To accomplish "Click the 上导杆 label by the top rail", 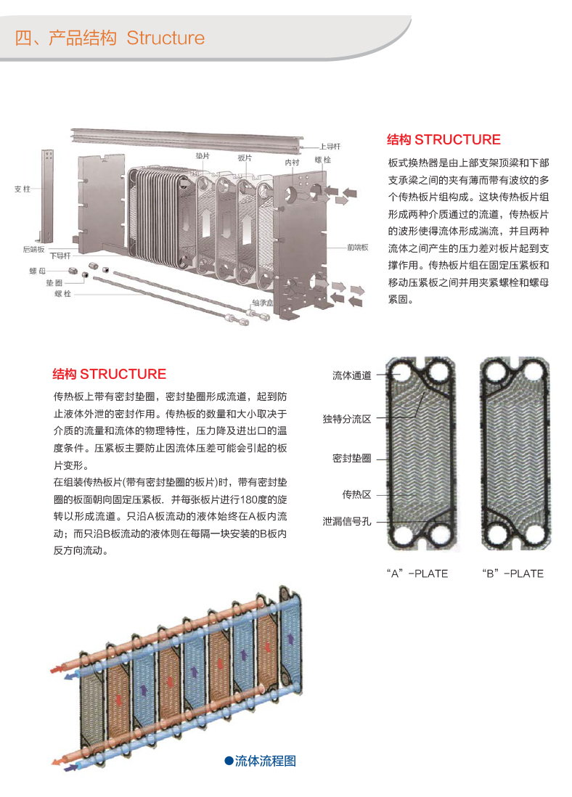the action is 330,147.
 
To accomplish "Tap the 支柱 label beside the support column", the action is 23,189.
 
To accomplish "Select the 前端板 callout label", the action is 357,248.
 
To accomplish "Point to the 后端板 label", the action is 33,249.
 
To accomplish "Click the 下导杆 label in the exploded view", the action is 60,256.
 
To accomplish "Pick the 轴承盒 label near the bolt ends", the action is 262,303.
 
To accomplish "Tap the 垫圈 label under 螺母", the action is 54,282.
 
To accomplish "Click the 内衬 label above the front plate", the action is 292,162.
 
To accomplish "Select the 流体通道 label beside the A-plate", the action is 352,375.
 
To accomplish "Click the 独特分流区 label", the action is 347,419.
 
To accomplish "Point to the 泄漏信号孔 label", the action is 347,521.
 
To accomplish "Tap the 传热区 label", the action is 356,494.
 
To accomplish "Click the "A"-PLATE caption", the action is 417,573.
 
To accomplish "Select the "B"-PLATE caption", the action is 512,573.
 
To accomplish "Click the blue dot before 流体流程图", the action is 229,761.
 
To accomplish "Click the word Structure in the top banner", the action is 166,38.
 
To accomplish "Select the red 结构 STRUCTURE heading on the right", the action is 444,139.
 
